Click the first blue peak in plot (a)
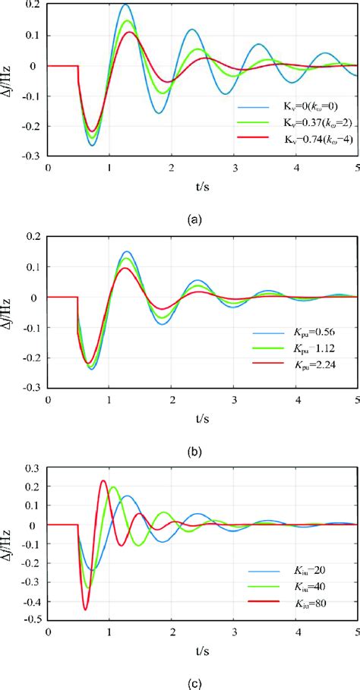[x=125, y=5]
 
